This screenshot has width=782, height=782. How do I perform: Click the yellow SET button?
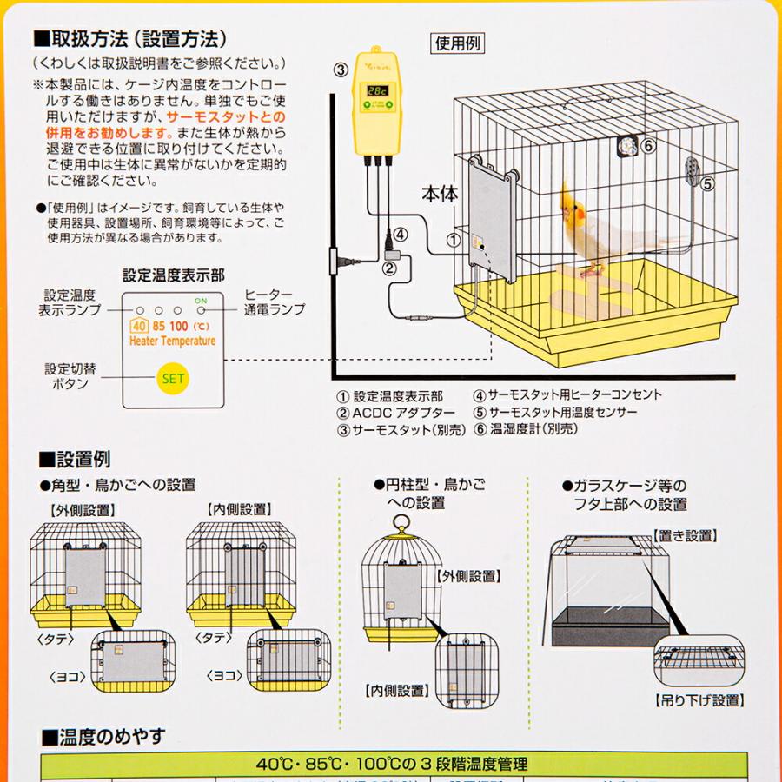tap(173, 378)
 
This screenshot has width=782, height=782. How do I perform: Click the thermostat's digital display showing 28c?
tap(377, 89)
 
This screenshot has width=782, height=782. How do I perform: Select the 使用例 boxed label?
tap(458, 43)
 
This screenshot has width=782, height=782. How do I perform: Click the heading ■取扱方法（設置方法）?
tap(130, 39)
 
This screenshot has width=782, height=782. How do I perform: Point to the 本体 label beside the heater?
tap(439, 193)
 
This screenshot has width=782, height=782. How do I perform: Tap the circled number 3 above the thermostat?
tap(341, 70)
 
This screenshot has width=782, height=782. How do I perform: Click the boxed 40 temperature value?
tap(137, 327)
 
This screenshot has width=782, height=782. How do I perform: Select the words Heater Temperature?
tap(172, 341)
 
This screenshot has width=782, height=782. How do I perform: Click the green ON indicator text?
tap(202, 302)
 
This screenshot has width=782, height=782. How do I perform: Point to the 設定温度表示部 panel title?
tap(173, 275)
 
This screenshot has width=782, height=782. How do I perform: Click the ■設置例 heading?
tap(76, 460)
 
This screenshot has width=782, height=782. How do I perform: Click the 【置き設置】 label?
tap(683, 535)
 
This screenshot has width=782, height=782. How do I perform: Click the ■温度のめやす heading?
tap(103, 738)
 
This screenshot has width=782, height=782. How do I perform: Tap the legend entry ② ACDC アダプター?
tap(395, 412)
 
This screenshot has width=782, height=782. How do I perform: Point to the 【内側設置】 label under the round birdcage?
tap(396, 691)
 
